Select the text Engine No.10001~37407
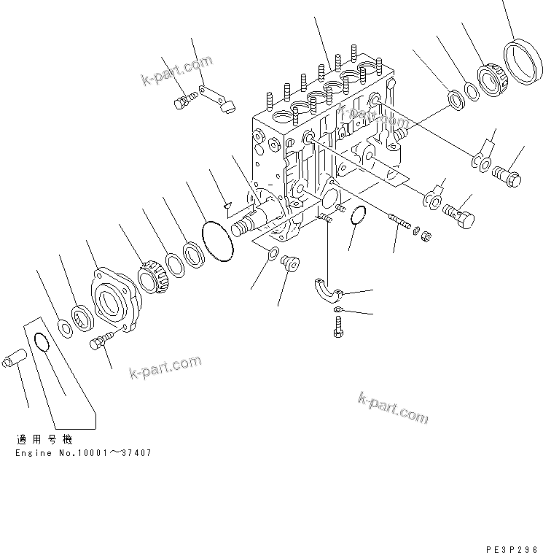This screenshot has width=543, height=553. [x=83, y=453]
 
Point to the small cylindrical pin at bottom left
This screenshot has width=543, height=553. [x=16, y=359]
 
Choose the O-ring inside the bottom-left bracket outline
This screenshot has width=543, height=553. [x=42, y=343]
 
